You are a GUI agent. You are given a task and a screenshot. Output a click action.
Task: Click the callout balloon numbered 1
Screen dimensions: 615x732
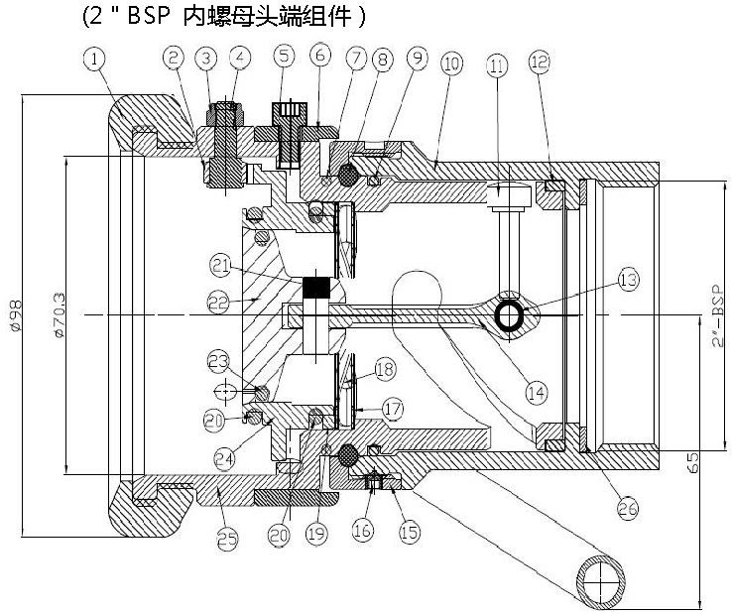pos(95,60)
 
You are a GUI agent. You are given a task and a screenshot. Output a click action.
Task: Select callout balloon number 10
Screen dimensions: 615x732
pos(451,63)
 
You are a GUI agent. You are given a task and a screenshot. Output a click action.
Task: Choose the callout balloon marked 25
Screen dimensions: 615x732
pos(228,539)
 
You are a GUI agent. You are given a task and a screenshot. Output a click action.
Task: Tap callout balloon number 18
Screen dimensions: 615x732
pos(385,368)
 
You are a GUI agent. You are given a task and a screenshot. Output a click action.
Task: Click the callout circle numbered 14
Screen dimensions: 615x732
pos(536,394)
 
